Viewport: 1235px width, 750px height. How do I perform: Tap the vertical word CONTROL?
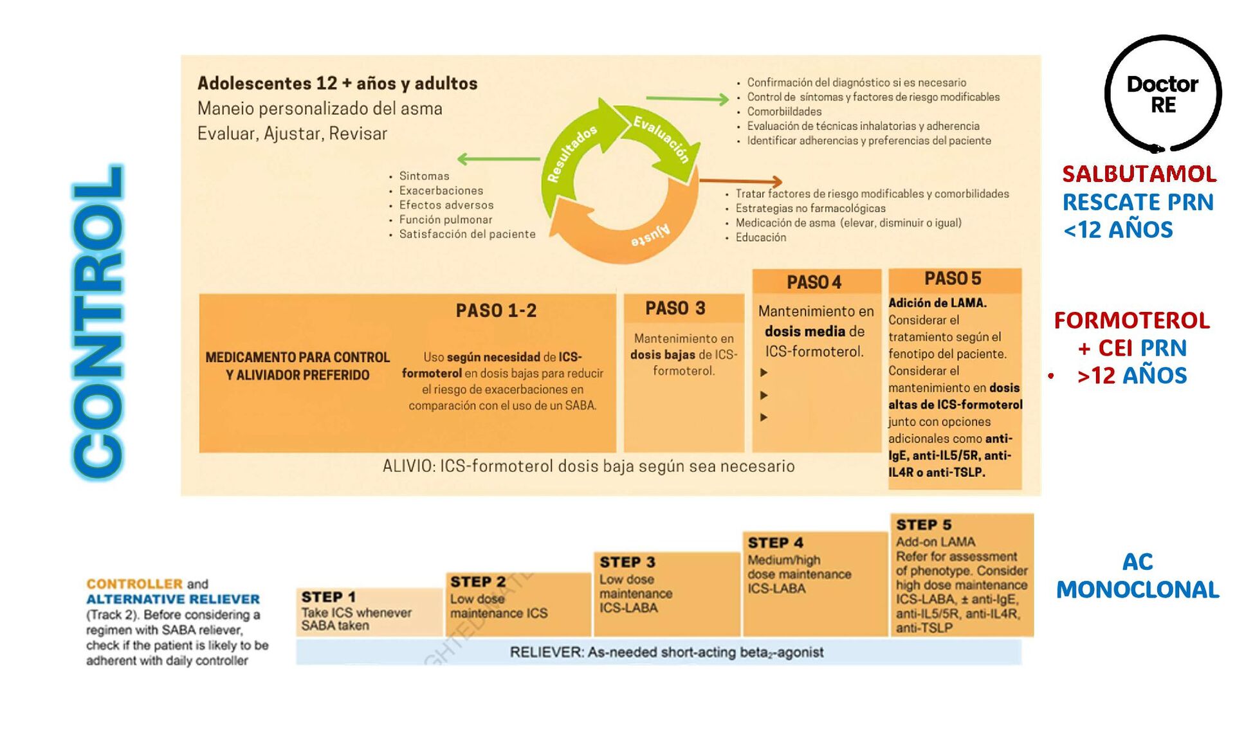point(98,322)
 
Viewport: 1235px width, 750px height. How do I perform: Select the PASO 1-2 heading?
point(496,311)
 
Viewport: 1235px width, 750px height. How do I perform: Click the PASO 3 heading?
point(675,308)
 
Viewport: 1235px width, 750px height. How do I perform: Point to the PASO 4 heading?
point(814,282)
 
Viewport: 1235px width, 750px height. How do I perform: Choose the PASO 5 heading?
point(953,279)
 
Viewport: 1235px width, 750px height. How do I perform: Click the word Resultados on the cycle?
point(572,153)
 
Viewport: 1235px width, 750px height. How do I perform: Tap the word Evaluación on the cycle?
point(662,139)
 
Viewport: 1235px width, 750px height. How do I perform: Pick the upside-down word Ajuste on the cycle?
point(650,235)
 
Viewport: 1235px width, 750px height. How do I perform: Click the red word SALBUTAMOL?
point(1139,174)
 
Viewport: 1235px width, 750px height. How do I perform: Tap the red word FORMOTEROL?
point(1131,320)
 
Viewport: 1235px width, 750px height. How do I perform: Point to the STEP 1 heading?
point(328,597)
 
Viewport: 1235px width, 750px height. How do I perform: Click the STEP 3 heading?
point(627,562)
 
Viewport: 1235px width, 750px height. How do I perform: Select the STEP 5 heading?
point(924,525)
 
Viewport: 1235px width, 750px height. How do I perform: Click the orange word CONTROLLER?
point(134,584)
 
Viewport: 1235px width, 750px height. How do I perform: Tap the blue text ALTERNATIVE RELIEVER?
point(173,599)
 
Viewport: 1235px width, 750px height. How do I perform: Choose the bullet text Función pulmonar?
point(445,220)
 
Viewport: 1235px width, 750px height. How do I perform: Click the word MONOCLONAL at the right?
point(1137,590)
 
